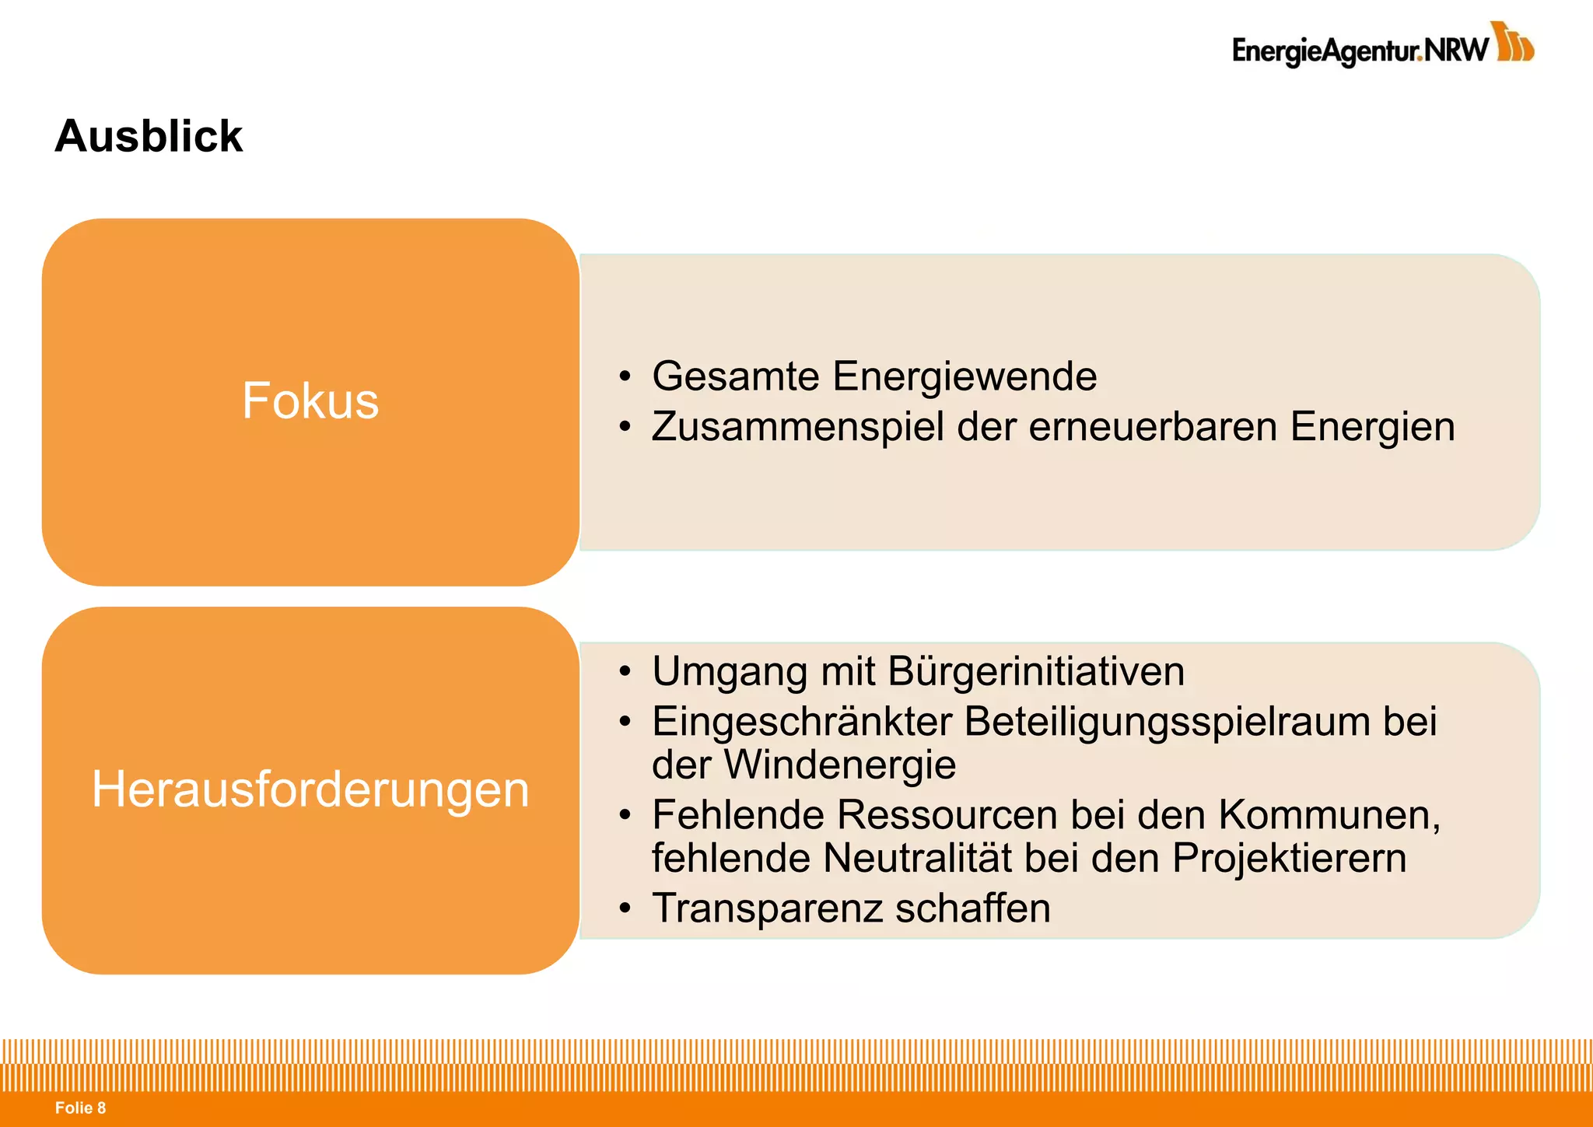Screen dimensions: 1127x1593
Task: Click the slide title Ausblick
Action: pyautogui.click(x=149, y=136)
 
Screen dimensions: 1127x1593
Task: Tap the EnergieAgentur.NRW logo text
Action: pyautogui.click(x=1360, y=51)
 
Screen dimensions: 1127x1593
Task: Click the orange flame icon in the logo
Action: pyautogui.click(x=1514, y=42)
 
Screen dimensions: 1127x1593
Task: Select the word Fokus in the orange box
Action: pyautogui.click(x=310, y=401)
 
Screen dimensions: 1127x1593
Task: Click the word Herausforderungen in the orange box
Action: pyautogui.click(x=310, y=789)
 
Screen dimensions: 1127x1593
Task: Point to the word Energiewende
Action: pyautogui.click(x=965, y=376)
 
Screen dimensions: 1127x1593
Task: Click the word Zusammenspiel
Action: pyautogui.click(x=798, y=427)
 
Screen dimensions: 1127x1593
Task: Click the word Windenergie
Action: pyautogui.click(x=840, y=765)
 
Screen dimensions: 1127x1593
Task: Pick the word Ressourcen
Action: pyautogui.click(x=948, y=815)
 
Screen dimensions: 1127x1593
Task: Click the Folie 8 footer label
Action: pyautogui.click(x=80, y=1108)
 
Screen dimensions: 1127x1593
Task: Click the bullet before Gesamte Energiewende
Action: pyautogui.click(x=625, y=377)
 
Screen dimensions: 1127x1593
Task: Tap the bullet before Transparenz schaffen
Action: pyautogui.click(x=625, y=908)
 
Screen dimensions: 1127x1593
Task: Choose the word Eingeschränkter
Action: pyautogui.click(x=802, y=722)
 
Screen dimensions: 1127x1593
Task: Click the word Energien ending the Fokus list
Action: pyautogui.click(x=1372, y=427)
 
